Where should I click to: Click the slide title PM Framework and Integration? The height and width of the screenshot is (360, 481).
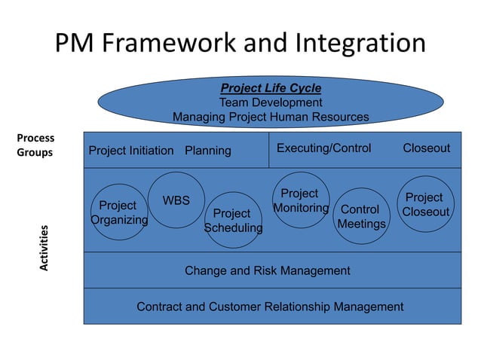click(240, 43)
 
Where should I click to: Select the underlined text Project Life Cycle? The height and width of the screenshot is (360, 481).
click(270, 88)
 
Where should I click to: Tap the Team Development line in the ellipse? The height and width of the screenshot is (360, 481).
click(270, 102)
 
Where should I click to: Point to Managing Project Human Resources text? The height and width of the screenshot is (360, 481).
click(270, 117)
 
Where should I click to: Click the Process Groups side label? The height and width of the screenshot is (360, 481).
click(35, 145)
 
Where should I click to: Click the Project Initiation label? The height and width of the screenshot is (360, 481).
click(130, 150)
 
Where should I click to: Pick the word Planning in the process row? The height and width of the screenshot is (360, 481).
click(208, 150)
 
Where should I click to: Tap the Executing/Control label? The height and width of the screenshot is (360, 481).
click(323, 148)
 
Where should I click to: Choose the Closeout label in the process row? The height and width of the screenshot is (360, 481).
click(426, 148)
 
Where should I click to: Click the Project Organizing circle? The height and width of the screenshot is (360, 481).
click(118, 212)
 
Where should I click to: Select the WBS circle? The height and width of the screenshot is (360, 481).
click(176, 200)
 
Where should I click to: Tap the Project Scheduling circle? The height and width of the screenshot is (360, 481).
click(233, 220)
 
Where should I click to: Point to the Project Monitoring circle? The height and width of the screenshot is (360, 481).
click(300, 200)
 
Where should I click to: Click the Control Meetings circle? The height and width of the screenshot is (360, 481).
click(361, 216)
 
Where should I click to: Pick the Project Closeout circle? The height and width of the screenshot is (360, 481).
click(425, 204)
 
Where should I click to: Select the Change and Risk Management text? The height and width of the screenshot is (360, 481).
click(267, 270)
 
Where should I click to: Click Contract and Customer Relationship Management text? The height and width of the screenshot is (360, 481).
click(270, 307)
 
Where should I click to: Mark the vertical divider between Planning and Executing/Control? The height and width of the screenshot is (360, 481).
click(269, 149)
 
